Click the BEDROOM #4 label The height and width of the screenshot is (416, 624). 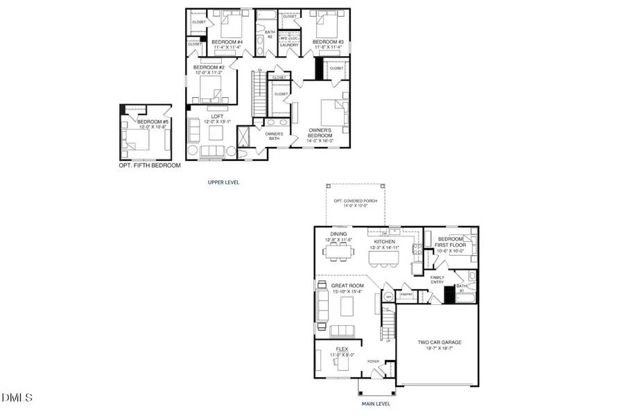(226, 42)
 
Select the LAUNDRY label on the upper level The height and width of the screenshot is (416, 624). (288, 45)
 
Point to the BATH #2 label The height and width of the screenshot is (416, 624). (270, 34)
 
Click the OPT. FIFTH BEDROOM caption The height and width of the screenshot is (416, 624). (149, 166)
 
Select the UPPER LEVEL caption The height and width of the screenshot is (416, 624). (224, 182)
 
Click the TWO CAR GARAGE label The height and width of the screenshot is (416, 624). (439, 343)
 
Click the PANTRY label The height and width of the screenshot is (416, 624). (407, 295)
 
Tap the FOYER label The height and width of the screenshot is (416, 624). (373, 361)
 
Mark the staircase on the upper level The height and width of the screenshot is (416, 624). (261, 93)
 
